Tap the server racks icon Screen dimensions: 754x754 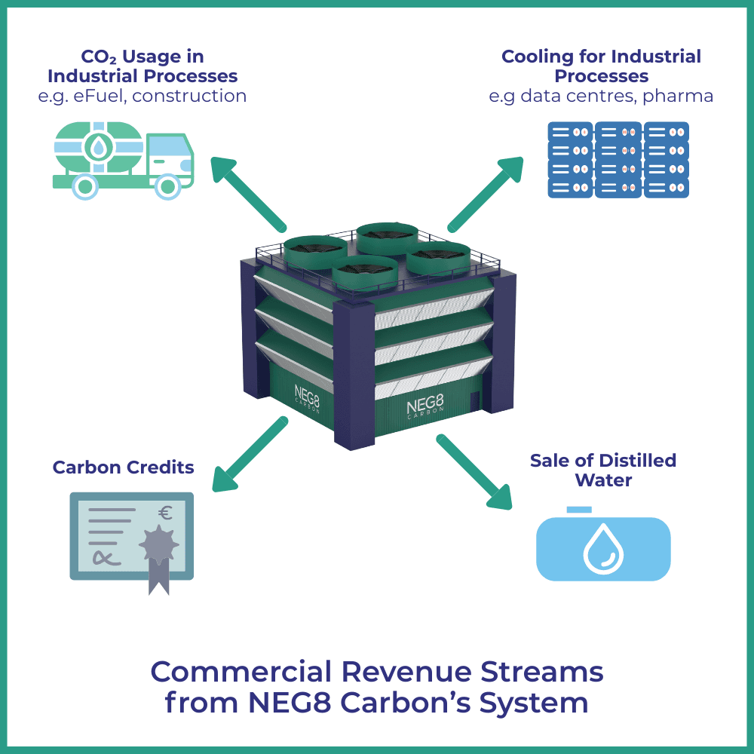click(x=618, y=160)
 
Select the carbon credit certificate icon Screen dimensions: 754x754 click(x=132, y=538)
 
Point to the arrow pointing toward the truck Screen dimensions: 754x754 click(x=248, y=192)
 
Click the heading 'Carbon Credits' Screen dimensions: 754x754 click(x=123, y=467)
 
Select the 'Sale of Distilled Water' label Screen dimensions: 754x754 click(x=602, y=470)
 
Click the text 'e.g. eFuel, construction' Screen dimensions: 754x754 click(x=143, y=96)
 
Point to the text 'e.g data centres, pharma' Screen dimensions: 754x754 click(x=601, y=96)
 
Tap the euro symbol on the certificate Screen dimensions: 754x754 click(x=165, y=513)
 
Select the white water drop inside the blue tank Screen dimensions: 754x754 click(x=602, y=547)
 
